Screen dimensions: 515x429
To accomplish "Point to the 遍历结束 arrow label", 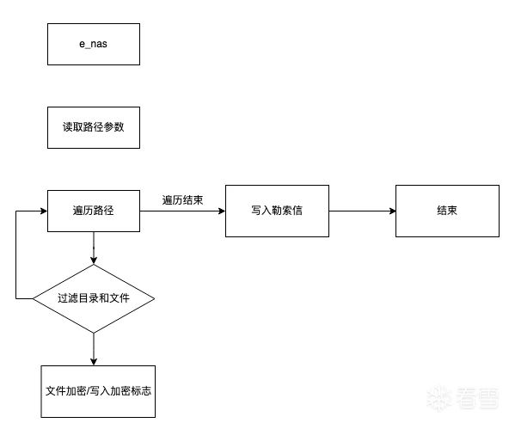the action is pos(182,200).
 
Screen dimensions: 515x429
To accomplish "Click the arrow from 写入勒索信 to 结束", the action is pos(362,211).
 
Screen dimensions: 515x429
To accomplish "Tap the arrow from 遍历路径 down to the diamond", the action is pos(94,248).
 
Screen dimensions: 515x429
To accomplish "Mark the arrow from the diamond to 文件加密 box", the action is pos(94,349).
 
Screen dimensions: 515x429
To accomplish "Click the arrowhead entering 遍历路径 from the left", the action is pos(44,211).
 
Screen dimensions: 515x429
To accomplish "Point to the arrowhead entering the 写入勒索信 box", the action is pos(222,211).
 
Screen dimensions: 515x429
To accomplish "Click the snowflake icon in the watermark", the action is pos(438,398).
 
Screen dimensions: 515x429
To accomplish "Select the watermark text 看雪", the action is pos(478,398).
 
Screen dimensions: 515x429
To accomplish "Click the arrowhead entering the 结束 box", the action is pos(392,211).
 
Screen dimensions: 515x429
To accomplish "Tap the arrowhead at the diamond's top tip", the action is pos(94,260).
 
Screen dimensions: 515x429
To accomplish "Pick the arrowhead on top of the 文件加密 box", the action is pos(94,362).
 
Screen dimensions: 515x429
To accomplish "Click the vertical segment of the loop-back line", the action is pos(15,254).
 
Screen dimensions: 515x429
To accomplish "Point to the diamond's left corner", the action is pos(33,298).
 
